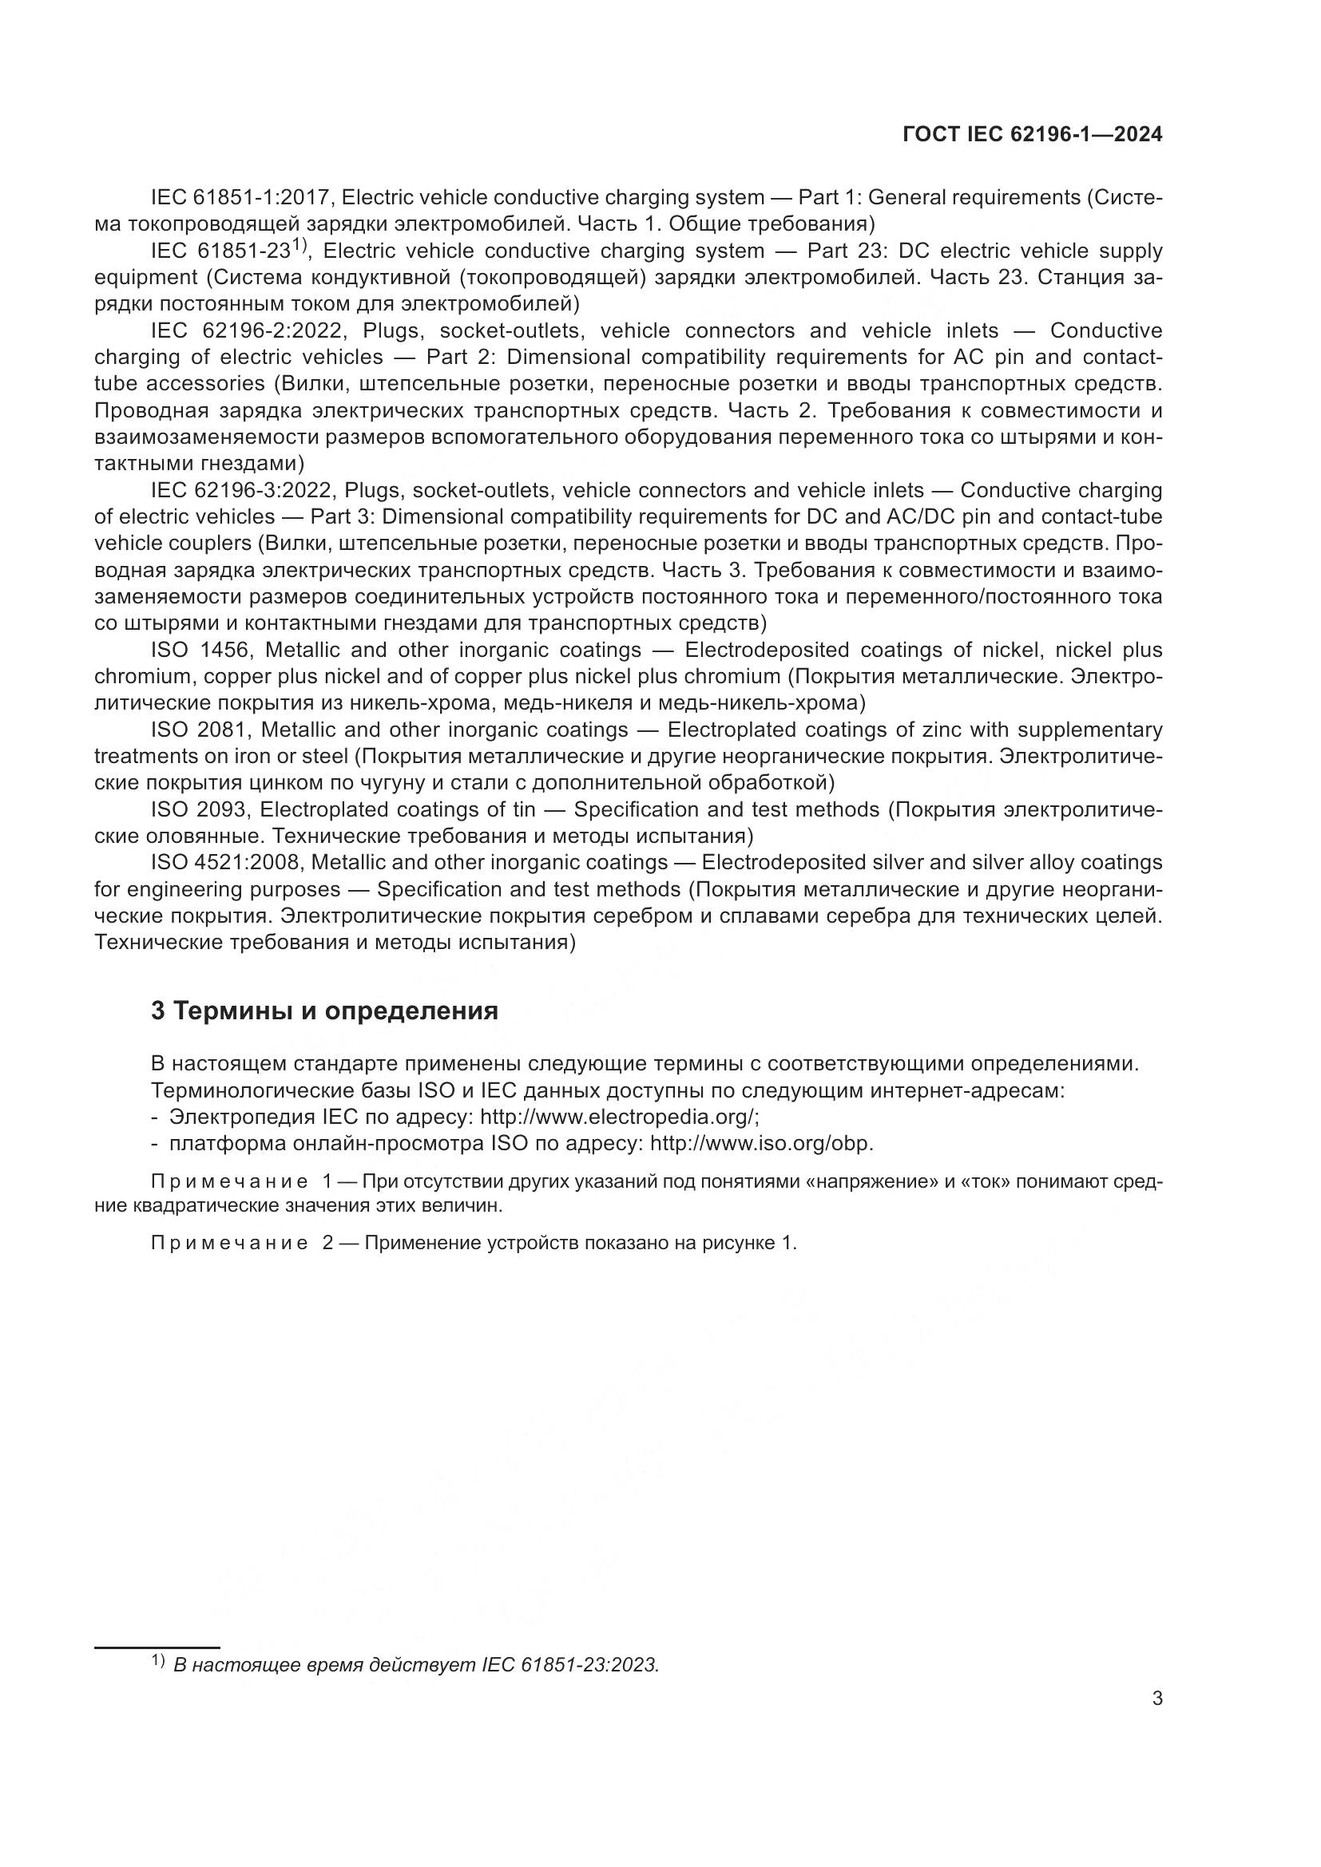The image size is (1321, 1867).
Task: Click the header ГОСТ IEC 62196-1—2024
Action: (1032, 135)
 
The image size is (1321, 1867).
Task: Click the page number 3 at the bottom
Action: (1156, 1699)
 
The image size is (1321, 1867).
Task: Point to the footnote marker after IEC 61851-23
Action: (299, 244)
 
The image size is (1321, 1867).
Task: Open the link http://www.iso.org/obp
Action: (761, 1143)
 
